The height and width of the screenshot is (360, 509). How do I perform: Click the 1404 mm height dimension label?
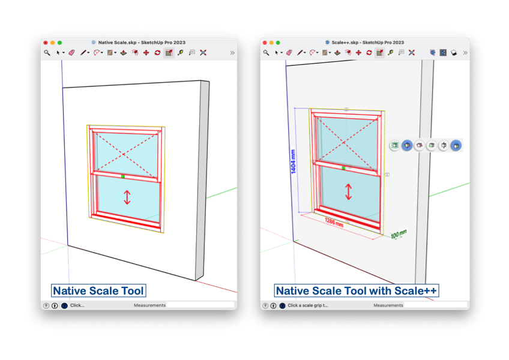tap(293, 161)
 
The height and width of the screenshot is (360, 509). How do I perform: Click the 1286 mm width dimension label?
tap(334, 223)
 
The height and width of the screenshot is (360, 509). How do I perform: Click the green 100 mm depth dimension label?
tap(399, 234)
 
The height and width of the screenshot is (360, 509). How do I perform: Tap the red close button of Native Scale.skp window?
tap(46, 43)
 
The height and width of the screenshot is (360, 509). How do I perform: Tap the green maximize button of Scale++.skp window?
tap(278, 43)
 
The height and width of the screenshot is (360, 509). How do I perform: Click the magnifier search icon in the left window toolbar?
tap(47, 53)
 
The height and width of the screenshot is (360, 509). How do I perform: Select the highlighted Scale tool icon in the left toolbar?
tap(169, 53)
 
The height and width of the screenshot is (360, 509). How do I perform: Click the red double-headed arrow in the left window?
tap(127, 197)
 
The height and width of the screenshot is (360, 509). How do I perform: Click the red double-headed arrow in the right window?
tap(348, 191)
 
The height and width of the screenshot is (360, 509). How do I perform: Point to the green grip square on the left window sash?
tap(122, 176)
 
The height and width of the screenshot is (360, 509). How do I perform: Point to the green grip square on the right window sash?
tap(343, 168)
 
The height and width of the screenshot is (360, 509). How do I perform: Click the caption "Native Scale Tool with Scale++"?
tap(357, 290)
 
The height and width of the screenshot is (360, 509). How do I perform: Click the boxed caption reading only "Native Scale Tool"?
tap(98, 290)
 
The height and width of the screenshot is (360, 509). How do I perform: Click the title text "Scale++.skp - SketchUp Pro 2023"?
tap(367, 43)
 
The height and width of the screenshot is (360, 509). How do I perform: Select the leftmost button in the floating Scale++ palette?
tap(395, 145)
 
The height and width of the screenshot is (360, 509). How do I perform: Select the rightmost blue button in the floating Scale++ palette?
tap(456, 145)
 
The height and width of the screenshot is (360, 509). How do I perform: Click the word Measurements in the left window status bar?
tap(149, 305)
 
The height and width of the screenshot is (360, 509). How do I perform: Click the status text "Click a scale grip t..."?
tap(308, 305)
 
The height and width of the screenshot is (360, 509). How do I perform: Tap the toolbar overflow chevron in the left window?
tap(232, 53)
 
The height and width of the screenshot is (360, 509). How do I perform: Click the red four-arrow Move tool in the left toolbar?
tap(146, 53)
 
